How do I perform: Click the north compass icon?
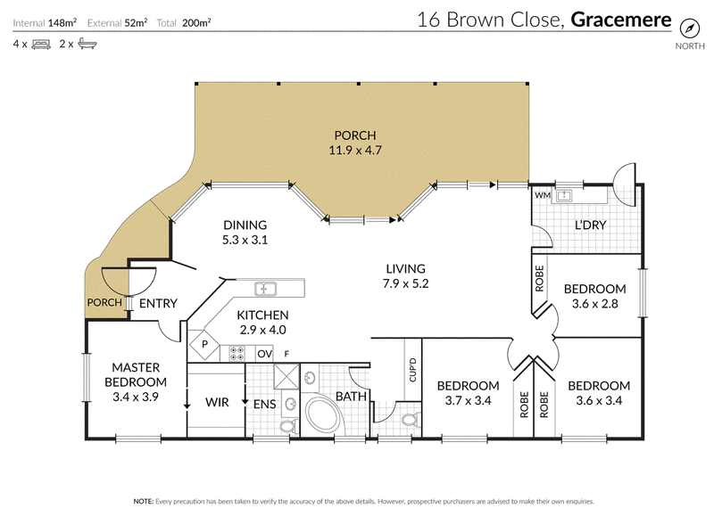pos(689,29)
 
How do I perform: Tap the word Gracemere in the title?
pos(620,20)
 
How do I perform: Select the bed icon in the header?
pos(41,44)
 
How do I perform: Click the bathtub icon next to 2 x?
pos(87,44)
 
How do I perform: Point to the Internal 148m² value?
pos(62,23)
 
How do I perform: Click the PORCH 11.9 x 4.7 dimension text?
pos(355,150)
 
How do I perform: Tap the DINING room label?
pos(245,225)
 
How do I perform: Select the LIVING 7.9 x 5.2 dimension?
pos(406,283)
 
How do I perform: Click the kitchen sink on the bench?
pos(265,289)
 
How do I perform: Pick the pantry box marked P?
pos(204,344)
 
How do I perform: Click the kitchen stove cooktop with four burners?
pos(237,354)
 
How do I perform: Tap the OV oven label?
pos(265,354)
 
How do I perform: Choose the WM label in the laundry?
pos(543,195)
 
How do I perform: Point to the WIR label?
pos(217,403)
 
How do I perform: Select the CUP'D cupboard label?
pos(412,370)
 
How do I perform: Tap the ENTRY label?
pos(158,303)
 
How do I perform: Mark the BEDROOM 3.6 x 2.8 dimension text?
pos(594,304)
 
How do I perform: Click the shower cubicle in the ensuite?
pos(286,377)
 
